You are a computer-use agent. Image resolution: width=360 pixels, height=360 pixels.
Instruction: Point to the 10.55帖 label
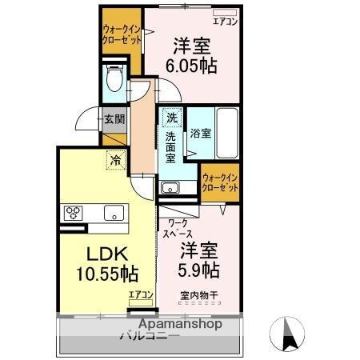pos(107,274)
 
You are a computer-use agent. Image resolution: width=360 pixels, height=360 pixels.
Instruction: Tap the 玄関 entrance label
pos(114,120)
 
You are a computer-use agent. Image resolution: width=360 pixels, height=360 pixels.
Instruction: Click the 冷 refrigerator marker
pos(116,159)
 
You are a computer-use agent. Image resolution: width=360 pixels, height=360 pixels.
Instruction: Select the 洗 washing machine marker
pos(171,118)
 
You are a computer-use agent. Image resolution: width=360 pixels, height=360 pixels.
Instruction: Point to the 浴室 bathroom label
pos(201,134)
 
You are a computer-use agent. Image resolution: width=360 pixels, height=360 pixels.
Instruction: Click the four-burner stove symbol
pos(74,213)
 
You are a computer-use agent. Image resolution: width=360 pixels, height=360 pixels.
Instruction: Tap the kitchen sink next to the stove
pos(113,213)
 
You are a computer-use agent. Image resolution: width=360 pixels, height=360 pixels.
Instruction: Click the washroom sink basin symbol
pos(170,188)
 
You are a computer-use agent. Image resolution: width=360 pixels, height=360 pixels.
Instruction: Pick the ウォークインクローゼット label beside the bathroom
pos(220,182)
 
